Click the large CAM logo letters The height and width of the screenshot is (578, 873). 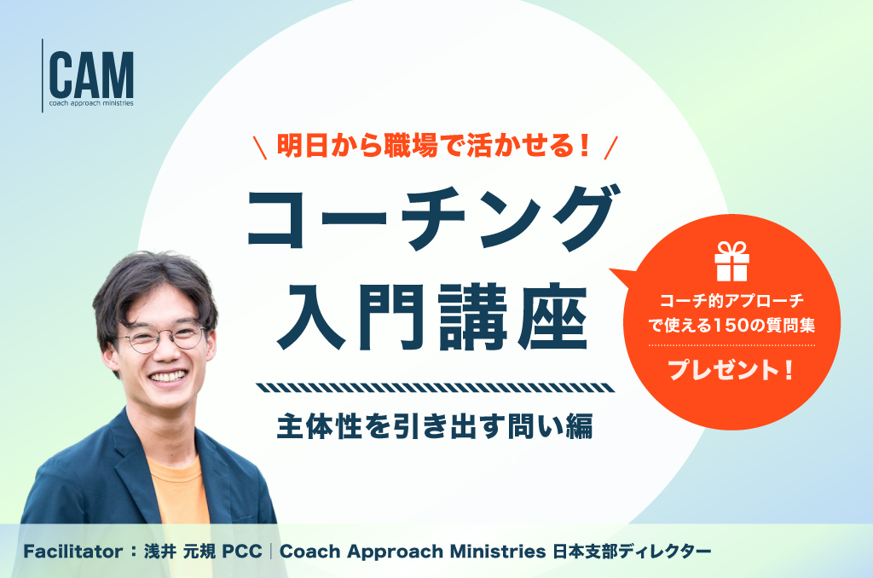tap(91, 75)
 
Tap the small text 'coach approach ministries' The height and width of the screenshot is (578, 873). tap(91, 103)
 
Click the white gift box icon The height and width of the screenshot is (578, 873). tap(731, 261)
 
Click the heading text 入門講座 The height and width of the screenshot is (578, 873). tap(433, 315)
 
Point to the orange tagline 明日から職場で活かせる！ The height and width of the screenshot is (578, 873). tap(434, 146)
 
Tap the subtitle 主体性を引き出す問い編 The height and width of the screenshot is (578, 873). tap(435, 426)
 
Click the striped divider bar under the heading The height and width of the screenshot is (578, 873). tap(436, 388)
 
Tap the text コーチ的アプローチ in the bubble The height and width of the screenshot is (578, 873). tap(731, 301)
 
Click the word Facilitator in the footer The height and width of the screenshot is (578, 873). tap(73, 552)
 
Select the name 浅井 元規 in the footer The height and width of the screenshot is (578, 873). tap(179, 552)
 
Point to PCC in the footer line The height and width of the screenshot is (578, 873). tap(241, 552)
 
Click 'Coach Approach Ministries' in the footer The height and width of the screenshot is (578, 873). tap(413, 552)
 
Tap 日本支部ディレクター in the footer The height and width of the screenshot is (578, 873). tap(632, 552)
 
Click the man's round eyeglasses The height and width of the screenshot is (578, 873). tap(160, 338)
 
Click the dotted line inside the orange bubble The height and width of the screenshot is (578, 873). tap(731, 345)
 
